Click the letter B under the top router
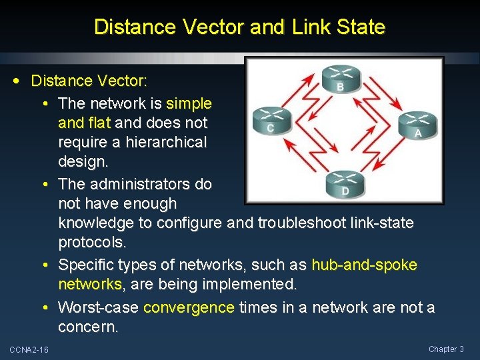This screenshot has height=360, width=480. coord(341,87)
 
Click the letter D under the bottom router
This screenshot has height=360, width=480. coord(345,192)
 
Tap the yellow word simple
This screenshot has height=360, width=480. coord(189,103)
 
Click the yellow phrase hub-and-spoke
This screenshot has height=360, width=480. coord(364,265)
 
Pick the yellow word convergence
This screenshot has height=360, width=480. coord(189,307)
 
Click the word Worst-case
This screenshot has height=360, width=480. coord(99,307)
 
